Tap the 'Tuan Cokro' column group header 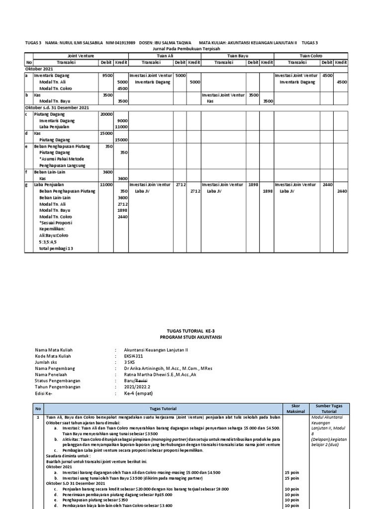pyautogui.click(x=310, y=56)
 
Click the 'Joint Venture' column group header pyautogui.click(x=77, y=56)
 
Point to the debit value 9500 pyautogui.click(x=107, y=76)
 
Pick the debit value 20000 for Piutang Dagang pyautogui.click(x=106, y=114)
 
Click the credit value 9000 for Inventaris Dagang pyautogui.click(x=122, y=121)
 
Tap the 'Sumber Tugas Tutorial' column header pyautogui.click(x=329, y=409)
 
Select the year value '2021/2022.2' pyautogui.click(x=136, y=386)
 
